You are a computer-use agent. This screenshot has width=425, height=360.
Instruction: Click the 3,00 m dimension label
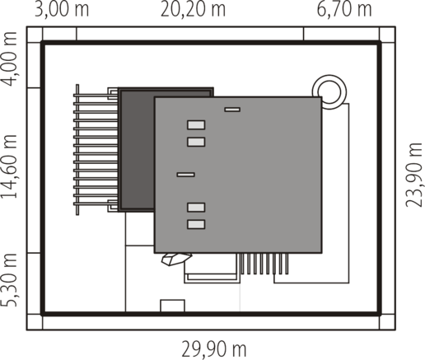click(x=62, y=9)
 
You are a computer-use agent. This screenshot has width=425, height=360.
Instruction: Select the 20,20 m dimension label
click(x=193, y=9)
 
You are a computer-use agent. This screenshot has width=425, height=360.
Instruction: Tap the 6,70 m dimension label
click(x=344, y=9)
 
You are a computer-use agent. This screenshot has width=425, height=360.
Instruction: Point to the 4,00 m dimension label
click(x=9, y=59)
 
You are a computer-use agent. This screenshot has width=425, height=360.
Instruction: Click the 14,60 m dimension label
click(x=9, y=166)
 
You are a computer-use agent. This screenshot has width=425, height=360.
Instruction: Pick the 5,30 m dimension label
click(x=9, y=280)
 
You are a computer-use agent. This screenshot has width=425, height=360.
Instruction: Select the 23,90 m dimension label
click(x=413, y=175)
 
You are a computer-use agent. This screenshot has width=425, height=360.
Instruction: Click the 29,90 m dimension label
click(x=214, y=348)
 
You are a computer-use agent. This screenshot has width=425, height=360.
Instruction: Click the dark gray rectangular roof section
click(x=137, y=150)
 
